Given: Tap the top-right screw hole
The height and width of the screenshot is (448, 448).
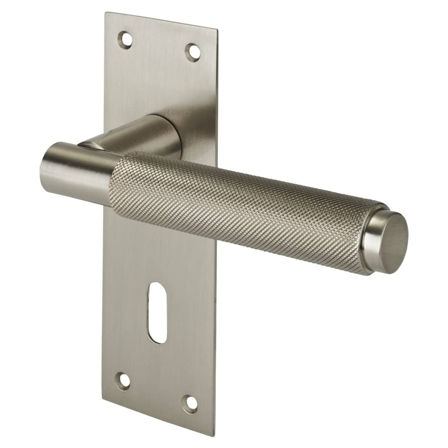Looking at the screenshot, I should click(193, 52).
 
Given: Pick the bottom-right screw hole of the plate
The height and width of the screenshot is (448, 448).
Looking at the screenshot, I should click(190, 403).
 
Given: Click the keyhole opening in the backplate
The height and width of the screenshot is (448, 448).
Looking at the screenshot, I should click(157, 312).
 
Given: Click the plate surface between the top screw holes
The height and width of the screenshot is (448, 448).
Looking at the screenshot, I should click(160, 45).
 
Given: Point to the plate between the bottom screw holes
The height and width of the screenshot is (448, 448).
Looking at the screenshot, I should click(157, 391).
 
